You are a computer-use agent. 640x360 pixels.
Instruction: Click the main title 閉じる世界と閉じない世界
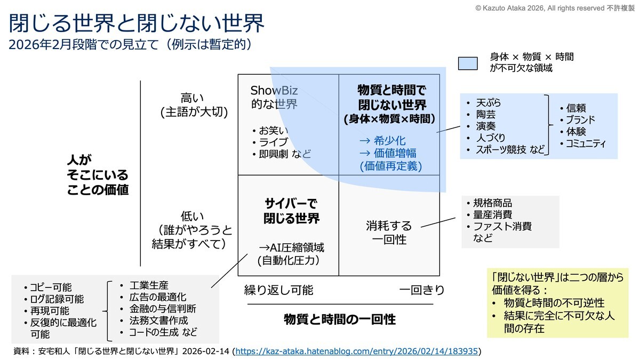pyautogui.click(x=137, y=23)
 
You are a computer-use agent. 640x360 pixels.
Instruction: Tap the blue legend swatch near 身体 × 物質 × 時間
pyautogui.click(x=468, y=63)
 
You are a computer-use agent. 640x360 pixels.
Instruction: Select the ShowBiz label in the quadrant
pyautogui.click(x=274, y=91)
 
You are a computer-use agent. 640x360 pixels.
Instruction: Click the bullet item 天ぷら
pyautogui.click(x=489, y=102)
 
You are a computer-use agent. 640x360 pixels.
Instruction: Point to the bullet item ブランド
pyautogui.click(x=580, y=119)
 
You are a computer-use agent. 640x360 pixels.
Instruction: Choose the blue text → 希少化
pyautogui.click(x=382, y=141)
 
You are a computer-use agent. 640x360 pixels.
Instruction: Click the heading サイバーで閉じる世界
pyautogui.click(x=291, y=211)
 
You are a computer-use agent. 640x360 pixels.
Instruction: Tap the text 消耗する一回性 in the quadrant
pyautogui.click(x=389, y=233)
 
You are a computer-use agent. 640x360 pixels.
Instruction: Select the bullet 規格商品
pyautogui.click(x=492, y=203)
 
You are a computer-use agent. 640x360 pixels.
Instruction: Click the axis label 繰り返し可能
pyautogui.click(x=278, y=290)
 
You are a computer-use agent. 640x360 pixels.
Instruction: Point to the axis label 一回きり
pyautogui.click(x=422, y=290)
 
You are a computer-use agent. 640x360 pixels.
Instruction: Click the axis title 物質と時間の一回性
pyautogui.click(x=340, y=319)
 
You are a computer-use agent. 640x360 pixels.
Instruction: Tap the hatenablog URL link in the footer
pyautogui.click(x=357, y=351)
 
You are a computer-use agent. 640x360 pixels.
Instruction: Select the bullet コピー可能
pyautogui.click(x=51, y=287)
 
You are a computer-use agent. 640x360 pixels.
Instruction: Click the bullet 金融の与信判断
pyautogui.click(x=163, y=309)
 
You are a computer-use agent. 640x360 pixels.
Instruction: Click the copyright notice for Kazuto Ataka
pyautogui.click(x=555, y=8)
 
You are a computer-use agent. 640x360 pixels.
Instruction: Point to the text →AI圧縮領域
pyautogui.click(x=291, y=247)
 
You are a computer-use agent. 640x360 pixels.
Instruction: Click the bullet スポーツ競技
pyautogui.click(x=501, y=150)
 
